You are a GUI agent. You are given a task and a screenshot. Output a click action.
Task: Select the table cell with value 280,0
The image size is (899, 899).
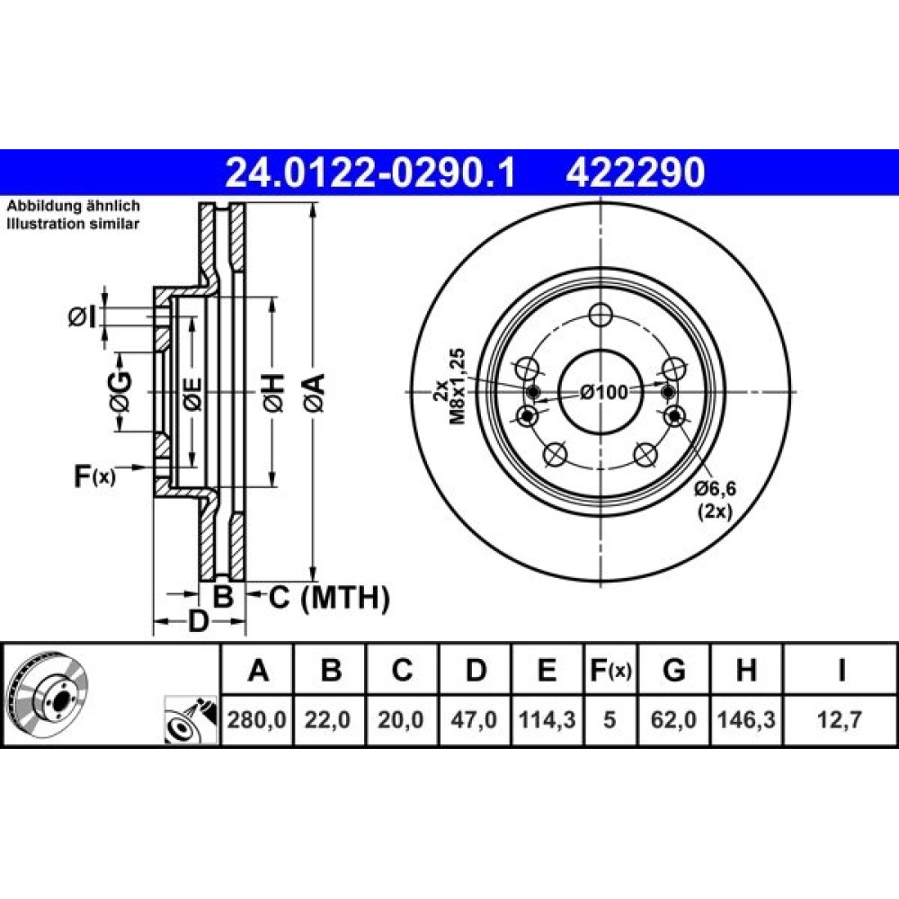point(257,719)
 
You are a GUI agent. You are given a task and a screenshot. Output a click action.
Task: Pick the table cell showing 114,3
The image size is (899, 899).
point(547,719)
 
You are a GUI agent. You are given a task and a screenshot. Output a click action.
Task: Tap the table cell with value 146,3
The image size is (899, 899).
point(746,719)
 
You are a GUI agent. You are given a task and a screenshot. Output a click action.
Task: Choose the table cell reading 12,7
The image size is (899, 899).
point(840,719)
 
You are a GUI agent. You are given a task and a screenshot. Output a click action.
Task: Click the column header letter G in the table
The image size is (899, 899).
point(673,670)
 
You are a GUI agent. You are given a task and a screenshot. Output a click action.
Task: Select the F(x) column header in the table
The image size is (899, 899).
point(610,670)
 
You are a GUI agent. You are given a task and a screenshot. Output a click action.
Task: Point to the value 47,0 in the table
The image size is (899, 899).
point(474,719)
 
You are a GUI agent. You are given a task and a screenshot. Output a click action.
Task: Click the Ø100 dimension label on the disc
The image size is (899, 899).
point(603,393)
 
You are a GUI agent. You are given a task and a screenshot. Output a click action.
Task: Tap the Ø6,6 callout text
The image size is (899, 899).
point(715,489)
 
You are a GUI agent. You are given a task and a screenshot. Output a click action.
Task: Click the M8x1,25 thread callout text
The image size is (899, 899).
point(458,386)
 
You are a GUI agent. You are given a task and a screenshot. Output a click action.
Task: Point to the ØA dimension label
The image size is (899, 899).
point(315,393)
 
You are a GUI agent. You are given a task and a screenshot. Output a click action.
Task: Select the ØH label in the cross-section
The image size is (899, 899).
point(273,393)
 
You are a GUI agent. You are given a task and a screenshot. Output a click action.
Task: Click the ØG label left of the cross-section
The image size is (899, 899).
point(121,392)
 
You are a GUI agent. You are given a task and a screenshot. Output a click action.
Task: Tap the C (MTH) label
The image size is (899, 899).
point(329,598)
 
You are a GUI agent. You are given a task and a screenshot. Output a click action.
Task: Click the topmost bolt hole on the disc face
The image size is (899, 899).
point(601,314)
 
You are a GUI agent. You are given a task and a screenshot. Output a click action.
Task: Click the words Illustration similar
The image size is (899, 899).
point(73,224)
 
